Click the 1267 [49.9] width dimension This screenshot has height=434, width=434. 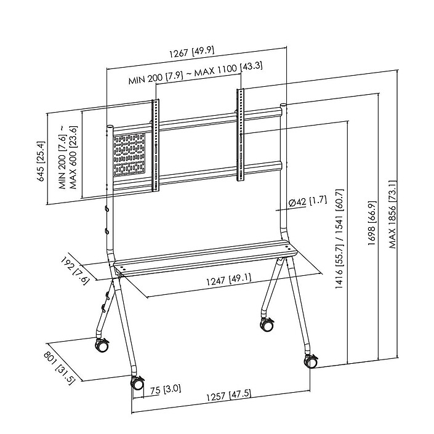196,54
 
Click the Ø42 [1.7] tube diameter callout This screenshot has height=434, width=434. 308,201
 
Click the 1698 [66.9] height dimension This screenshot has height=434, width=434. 371,224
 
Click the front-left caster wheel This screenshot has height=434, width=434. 136,383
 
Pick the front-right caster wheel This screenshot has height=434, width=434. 311,361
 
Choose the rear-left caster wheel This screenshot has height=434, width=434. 101,344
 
